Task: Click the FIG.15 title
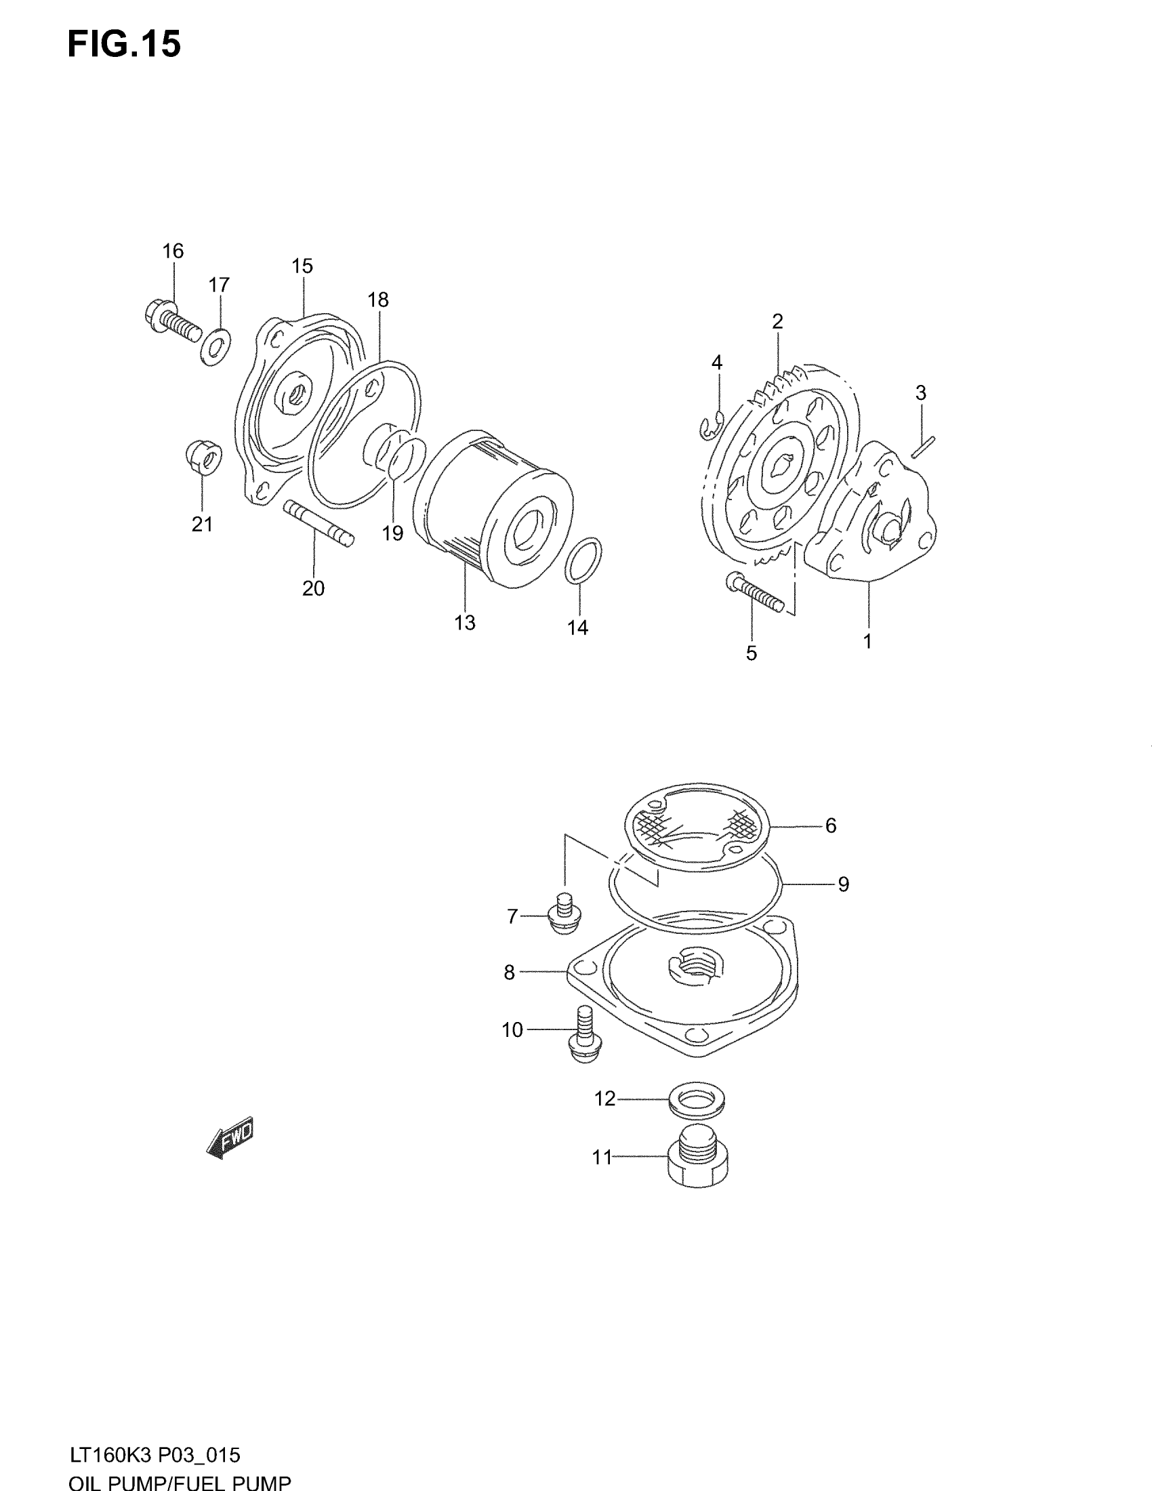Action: (124, 44)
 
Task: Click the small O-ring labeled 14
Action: (583, 560)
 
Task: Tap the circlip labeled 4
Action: (711, 428)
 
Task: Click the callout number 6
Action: (831, 825)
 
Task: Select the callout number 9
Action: (844, 884)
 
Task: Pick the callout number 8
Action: (509, 972)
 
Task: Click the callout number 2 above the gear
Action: (777, 321)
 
